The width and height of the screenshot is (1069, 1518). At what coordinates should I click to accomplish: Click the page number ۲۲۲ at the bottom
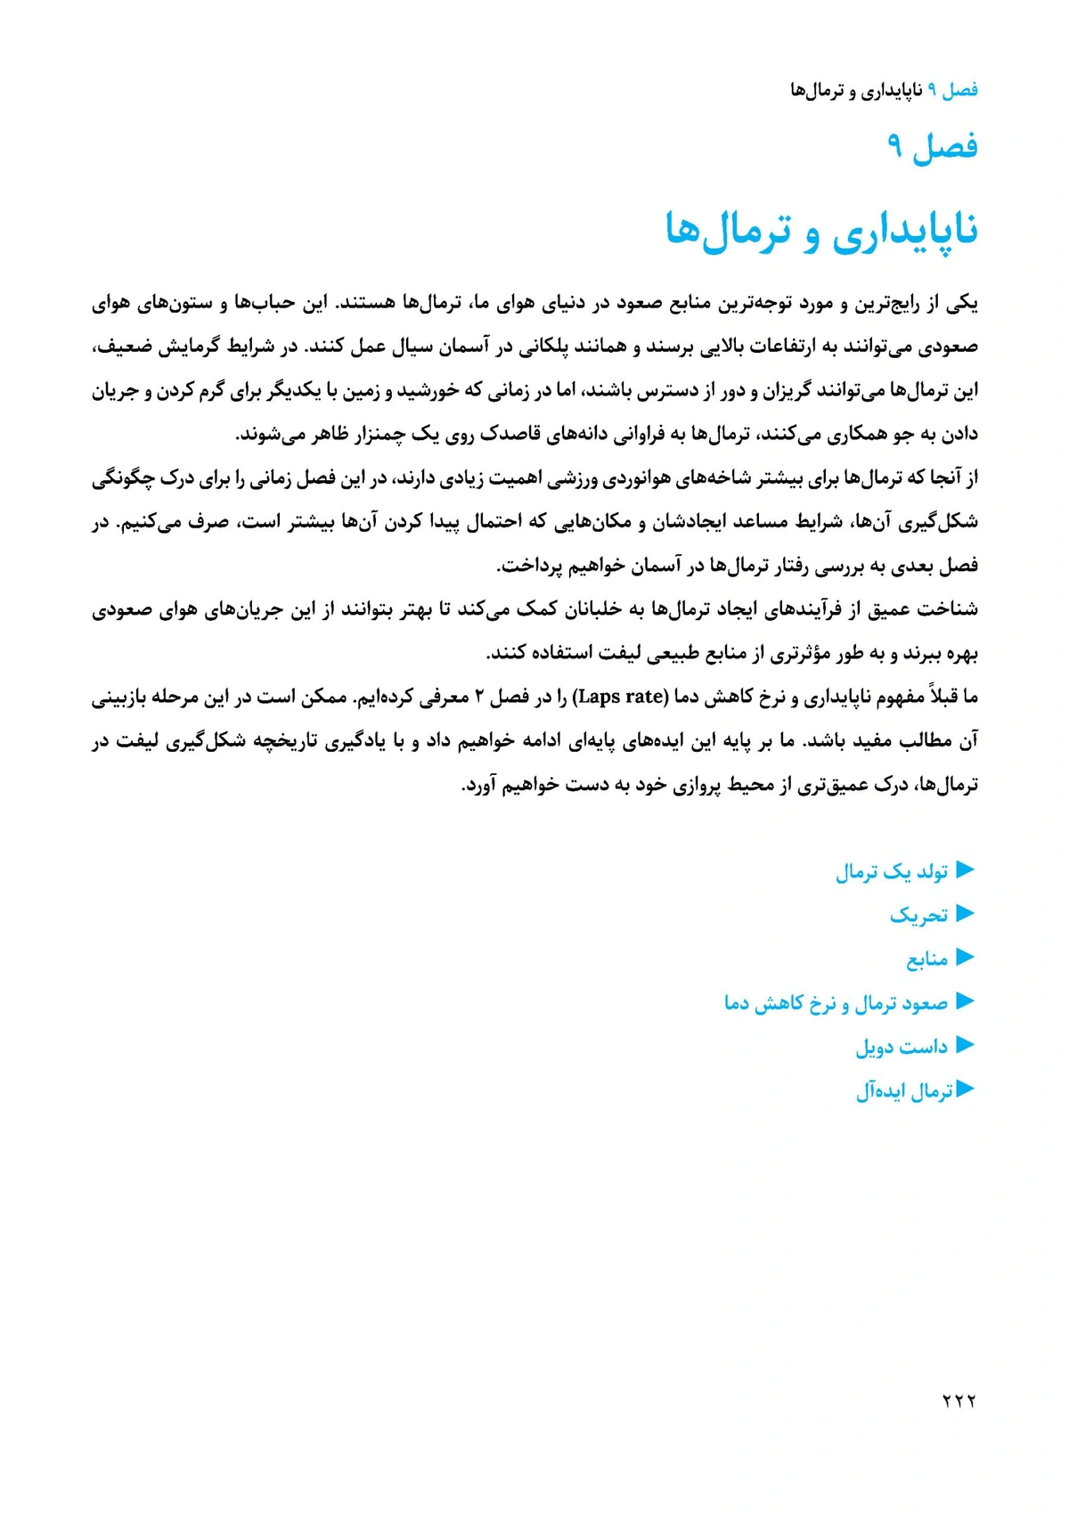pos(959,1401)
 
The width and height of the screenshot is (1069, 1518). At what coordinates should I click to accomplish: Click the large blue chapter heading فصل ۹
pos(933,146)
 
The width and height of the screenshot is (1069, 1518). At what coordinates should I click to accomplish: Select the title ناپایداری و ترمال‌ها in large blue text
pos(821,231)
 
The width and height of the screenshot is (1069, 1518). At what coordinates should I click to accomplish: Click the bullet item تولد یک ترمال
pos(892,871)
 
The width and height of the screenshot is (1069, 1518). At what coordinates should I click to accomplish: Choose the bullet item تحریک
pos(918,915)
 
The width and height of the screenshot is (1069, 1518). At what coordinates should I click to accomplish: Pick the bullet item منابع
pos(926,959)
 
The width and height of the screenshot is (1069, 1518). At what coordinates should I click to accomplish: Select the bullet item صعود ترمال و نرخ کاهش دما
pos(836,1003)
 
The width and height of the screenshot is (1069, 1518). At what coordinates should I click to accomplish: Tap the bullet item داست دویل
pos(902,1047)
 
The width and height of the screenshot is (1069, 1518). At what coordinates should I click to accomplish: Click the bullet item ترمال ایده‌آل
pos(904,1090)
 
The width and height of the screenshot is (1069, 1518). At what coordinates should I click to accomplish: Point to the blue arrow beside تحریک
pos(965,914)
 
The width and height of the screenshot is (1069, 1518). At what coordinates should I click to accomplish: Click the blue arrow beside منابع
pos(965,958)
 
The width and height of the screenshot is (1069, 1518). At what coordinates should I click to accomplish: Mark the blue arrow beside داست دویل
pos(965,1045)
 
